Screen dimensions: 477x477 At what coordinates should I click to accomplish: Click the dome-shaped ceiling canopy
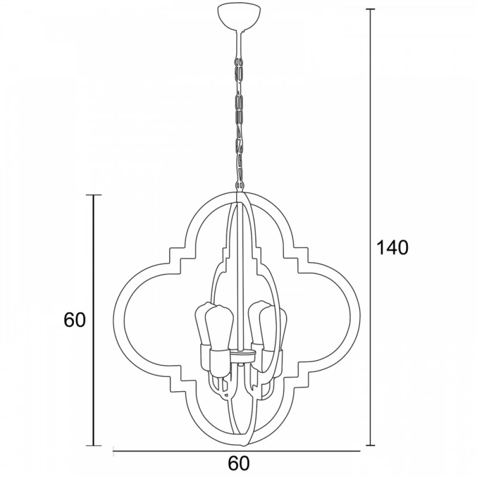[239, 18]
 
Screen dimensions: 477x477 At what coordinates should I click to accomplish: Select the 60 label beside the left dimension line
[74, 320]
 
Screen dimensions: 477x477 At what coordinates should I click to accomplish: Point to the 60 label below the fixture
[239, 463]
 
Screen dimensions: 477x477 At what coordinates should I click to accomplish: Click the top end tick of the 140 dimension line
[370, 10]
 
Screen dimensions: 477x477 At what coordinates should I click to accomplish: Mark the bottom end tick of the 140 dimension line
[370, 446]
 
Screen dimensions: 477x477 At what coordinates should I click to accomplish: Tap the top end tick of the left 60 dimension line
[93, 195]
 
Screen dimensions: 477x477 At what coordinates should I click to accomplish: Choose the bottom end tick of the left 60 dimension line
[93, 446]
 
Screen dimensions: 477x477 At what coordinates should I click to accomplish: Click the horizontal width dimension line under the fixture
[237, 451]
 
